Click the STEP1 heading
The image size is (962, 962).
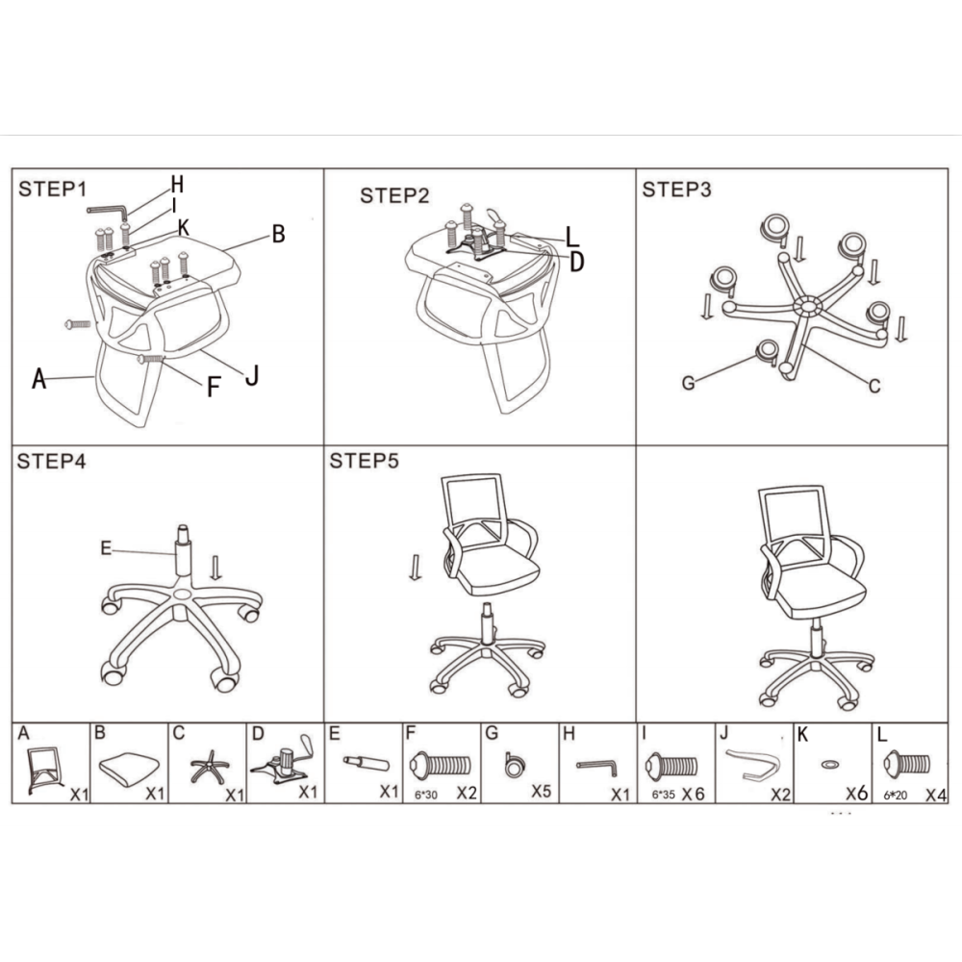(52, 189)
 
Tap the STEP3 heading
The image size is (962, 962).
(676, 190)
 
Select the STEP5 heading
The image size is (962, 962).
(364, 461)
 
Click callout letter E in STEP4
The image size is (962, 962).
(106, 548)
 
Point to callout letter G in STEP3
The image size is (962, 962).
(689, 383)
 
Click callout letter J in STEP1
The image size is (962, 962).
(251, 375)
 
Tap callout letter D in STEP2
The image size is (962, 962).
(576, 262)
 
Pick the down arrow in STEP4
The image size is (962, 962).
(215, 568)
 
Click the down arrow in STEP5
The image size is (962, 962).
(416, 568)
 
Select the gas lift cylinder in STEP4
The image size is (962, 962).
(182, 552)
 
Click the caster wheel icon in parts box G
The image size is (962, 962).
(515, 765)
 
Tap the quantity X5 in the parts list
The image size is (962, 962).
(541, 792)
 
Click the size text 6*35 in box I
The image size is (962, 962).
(663, 795)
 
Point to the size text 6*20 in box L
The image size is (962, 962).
(895, 796)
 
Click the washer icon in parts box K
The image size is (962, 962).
(829, 765)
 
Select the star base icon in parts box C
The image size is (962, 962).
(209, 767)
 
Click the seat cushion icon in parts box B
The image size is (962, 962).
(129, 770)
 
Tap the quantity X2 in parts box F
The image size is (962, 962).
(467, 793)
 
